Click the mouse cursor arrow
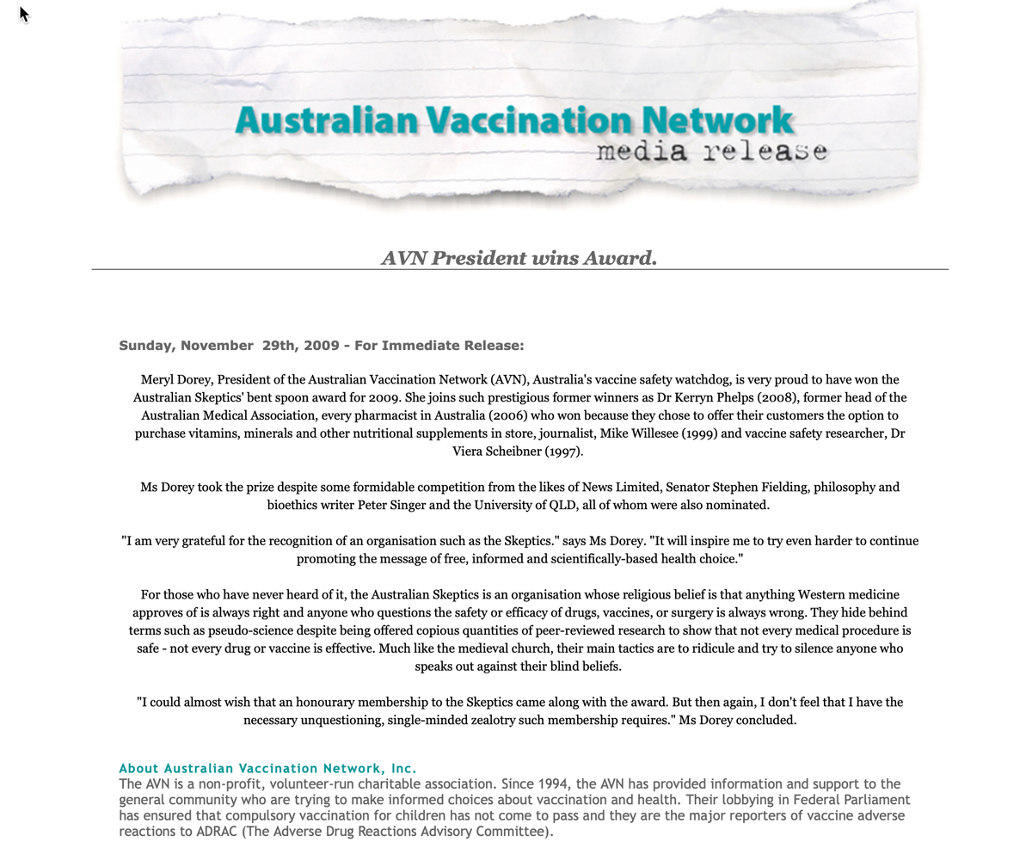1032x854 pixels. click(x=24, y=14)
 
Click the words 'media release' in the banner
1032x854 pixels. click(x=711, y=151)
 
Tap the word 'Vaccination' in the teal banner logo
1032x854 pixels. click(x=531, y=120)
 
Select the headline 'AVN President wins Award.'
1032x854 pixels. click(x=519, y=258)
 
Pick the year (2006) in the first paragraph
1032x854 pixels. click(x=514, y=415)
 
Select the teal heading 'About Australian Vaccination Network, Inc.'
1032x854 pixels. click(x=267, y=768)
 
